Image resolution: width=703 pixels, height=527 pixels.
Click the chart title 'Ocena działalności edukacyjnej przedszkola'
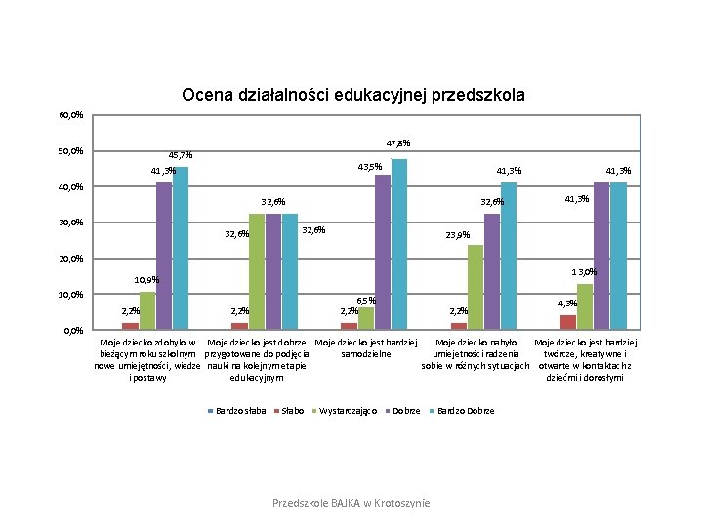(352, 96)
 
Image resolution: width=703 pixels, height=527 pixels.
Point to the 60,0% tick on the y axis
(70, 115)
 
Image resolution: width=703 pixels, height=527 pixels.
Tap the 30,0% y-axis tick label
(70, 223)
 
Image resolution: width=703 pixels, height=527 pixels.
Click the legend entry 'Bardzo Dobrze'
(466, 411)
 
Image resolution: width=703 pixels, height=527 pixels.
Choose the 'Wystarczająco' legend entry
(349, 411)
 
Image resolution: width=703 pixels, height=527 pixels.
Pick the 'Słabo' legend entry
(290, 411)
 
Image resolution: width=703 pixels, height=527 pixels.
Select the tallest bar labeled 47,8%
(399, 244)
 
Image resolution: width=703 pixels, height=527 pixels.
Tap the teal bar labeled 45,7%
(181, 248)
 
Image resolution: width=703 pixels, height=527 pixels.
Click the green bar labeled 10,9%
(147, 310)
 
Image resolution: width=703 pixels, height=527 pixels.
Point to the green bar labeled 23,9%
(476, 287)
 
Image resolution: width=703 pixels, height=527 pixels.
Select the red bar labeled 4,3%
(567, 322)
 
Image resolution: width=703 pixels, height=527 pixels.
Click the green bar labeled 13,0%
(585, 306)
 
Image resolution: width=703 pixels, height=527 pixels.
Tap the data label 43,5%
(369, 167)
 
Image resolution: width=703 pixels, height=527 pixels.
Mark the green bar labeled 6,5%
(366, 318)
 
